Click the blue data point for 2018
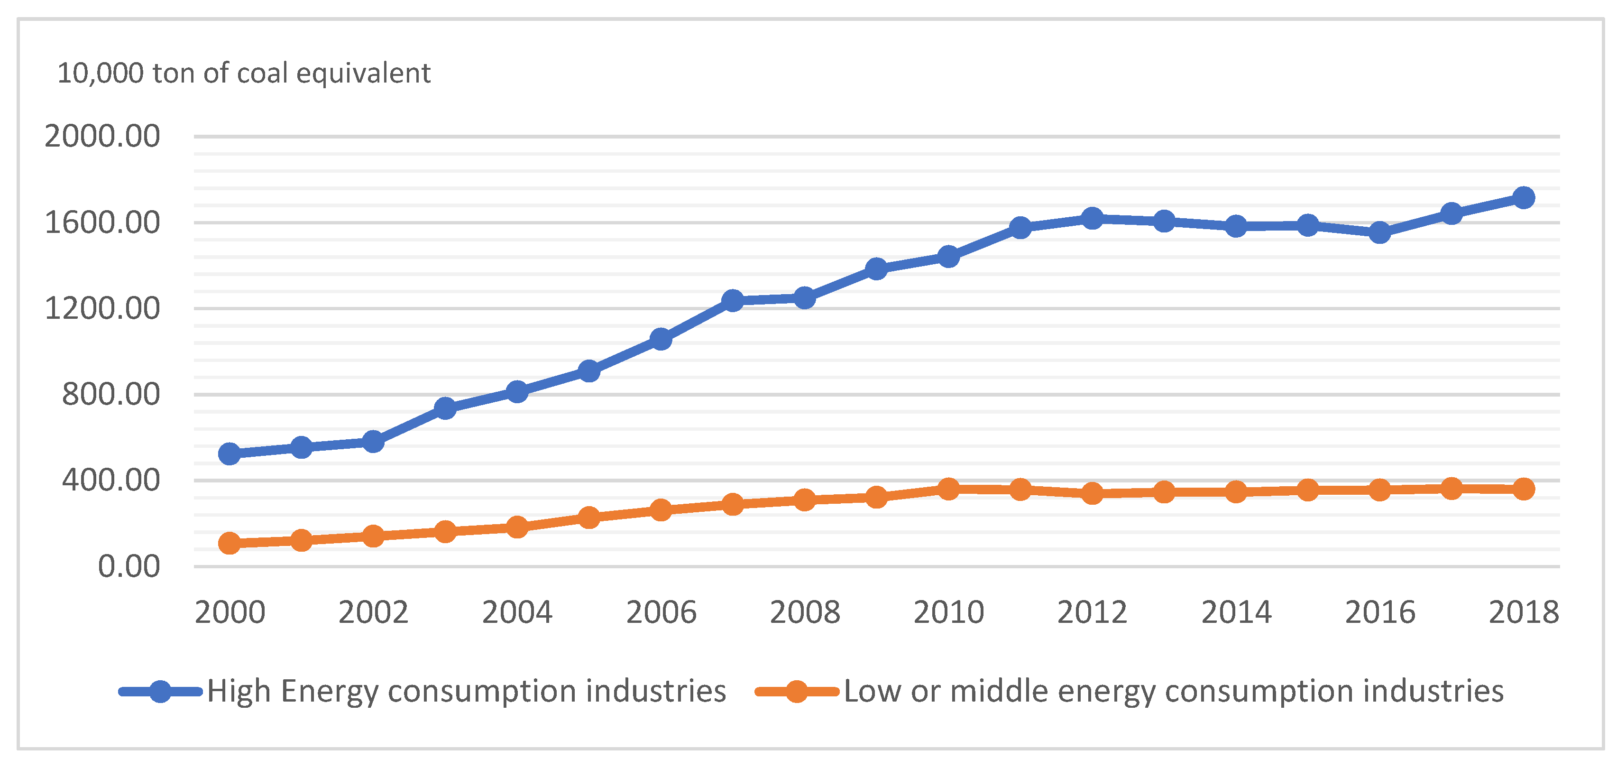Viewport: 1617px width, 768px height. point(1524,198)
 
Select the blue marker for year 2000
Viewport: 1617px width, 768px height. point(230,453)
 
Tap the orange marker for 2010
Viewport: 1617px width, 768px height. point(948,489)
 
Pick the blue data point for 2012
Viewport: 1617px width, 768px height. point(1092,219)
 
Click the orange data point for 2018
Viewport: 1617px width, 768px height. point(1524,489)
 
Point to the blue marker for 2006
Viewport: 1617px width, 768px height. point(661,339)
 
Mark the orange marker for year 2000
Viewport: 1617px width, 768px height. point(230,543)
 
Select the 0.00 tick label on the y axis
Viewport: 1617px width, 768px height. point(129,566)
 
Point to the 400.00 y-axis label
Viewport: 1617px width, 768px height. point(111,481)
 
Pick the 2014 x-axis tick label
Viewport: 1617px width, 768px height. point(1236,612)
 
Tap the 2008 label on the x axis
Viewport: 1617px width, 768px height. point(805,612)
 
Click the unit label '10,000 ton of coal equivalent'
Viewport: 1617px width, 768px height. point(244,73)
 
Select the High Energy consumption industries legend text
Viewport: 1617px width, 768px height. point(467,691)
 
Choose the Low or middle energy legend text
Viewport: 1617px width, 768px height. point(1173,691)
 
